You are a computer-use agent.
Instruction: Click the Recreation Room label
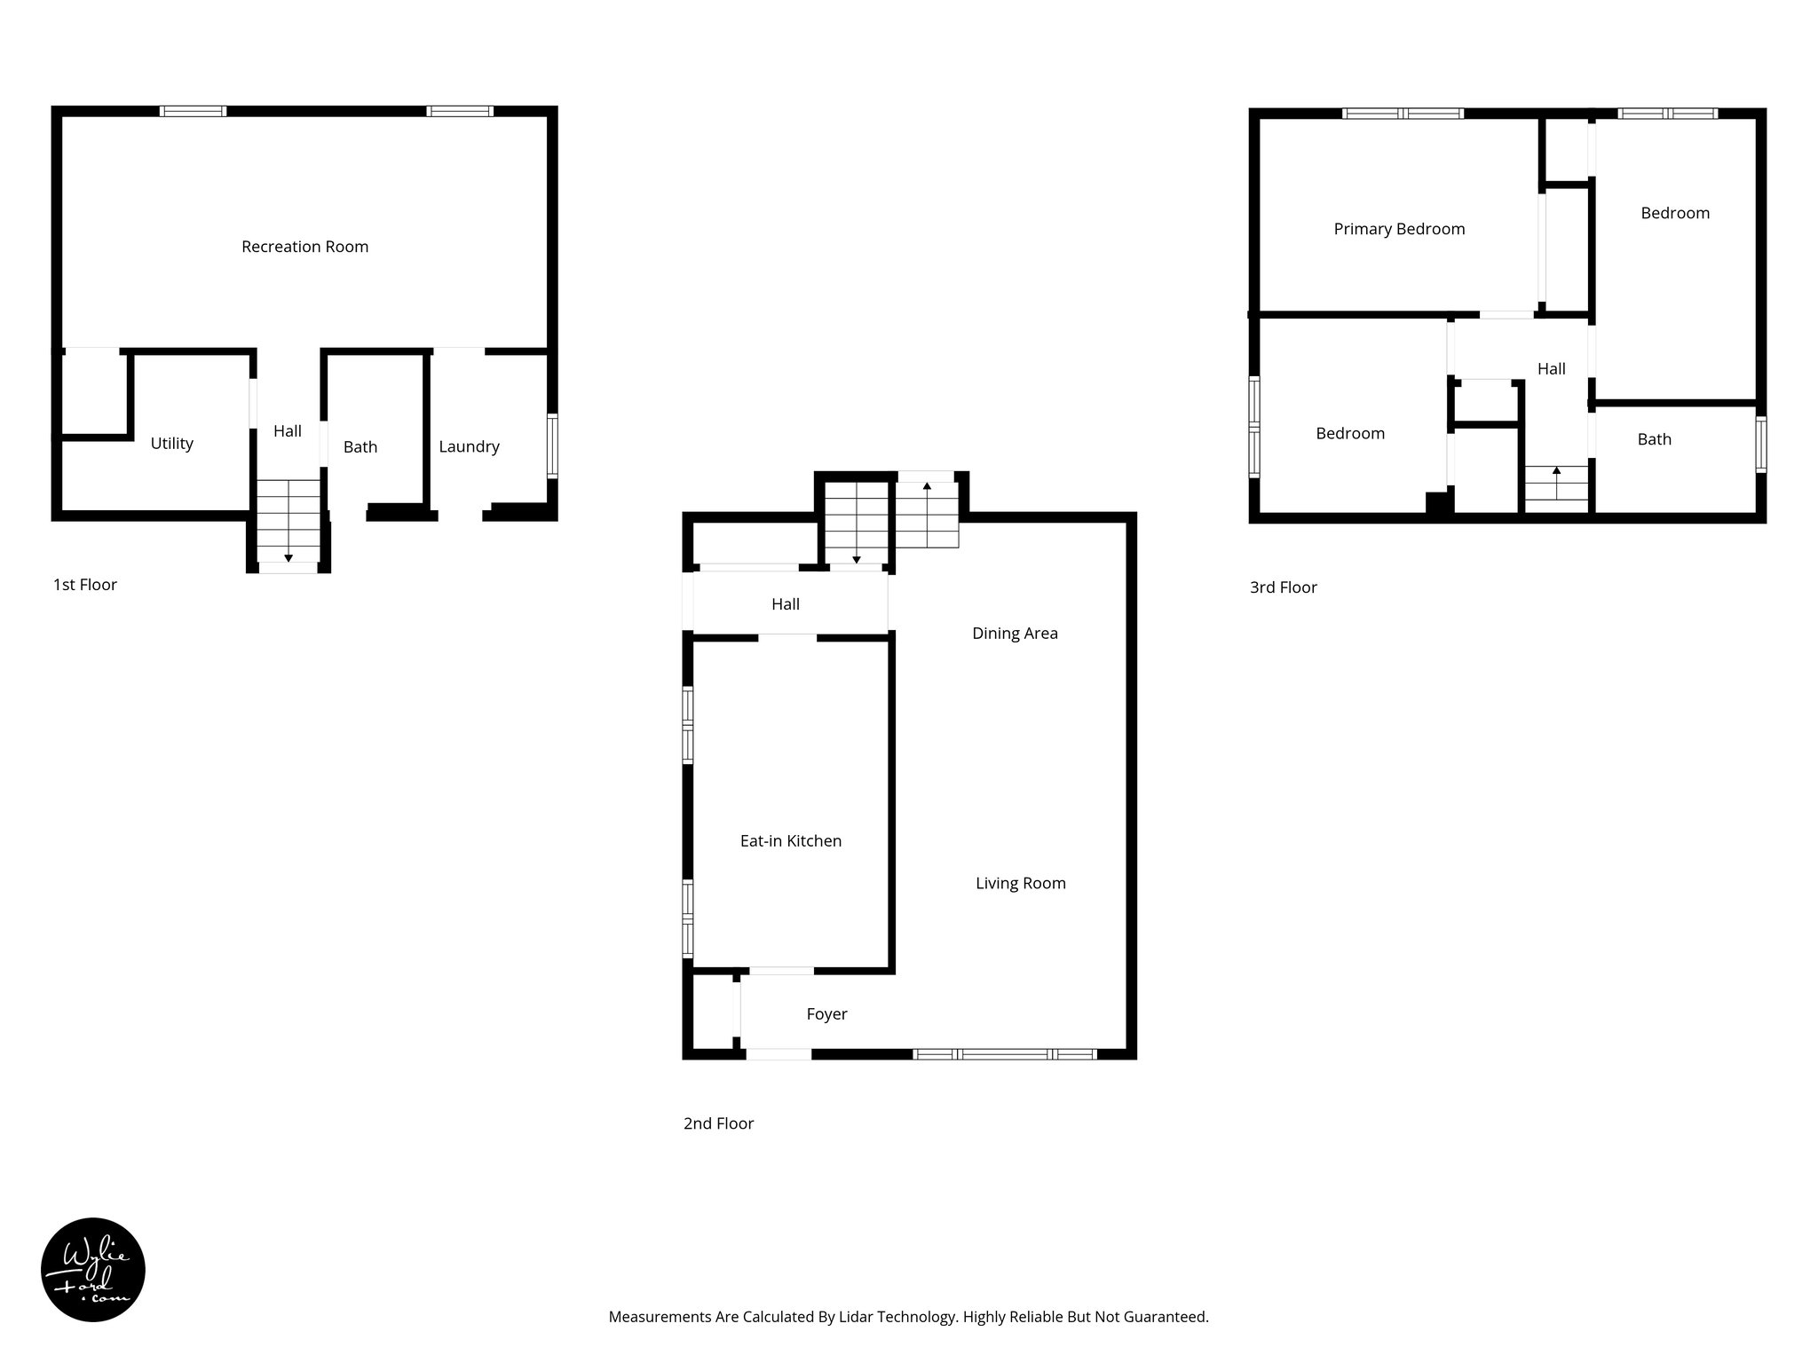(304, 247)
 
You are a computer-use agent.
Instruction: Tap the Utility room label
(171, 444)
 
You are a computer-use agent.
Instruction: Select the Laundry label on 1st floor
(469, 447)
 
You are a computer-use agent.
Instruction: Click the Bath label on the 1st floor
(360, 447)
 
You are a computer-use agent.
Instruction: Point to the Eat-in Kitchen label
(790, 841)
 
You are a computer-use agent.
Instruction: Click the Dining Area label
(1015, 634)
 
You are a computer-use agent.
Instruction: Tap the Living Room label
(1020, 884)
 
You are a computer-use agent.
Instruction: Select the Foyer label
(826, 1014)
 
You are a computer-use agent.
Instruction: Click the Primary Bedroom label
(1399, 229)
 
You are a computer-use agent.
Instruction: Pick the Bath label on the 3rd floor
(1654, 439)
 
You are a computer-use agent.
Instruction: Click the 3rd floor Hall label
(1551, 369)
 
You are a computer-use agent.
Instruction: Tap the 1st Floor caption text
(85, 585)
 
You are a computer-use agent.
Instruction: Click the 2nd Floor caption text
(718, 1123)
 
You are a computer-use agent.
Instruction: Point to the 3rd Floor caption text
(1283, 587)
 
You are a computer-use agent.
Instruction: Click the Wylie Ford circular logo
(93, 1270)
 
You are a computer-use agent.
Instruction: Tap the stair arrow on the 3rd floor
(1556, 471)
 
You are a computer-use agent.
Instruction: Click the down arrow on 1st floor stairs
(289, 556)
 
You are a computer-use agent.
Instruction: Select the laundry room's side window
(552, 445)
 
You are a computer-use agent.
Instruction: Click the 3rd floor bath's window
(1761, 445)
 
